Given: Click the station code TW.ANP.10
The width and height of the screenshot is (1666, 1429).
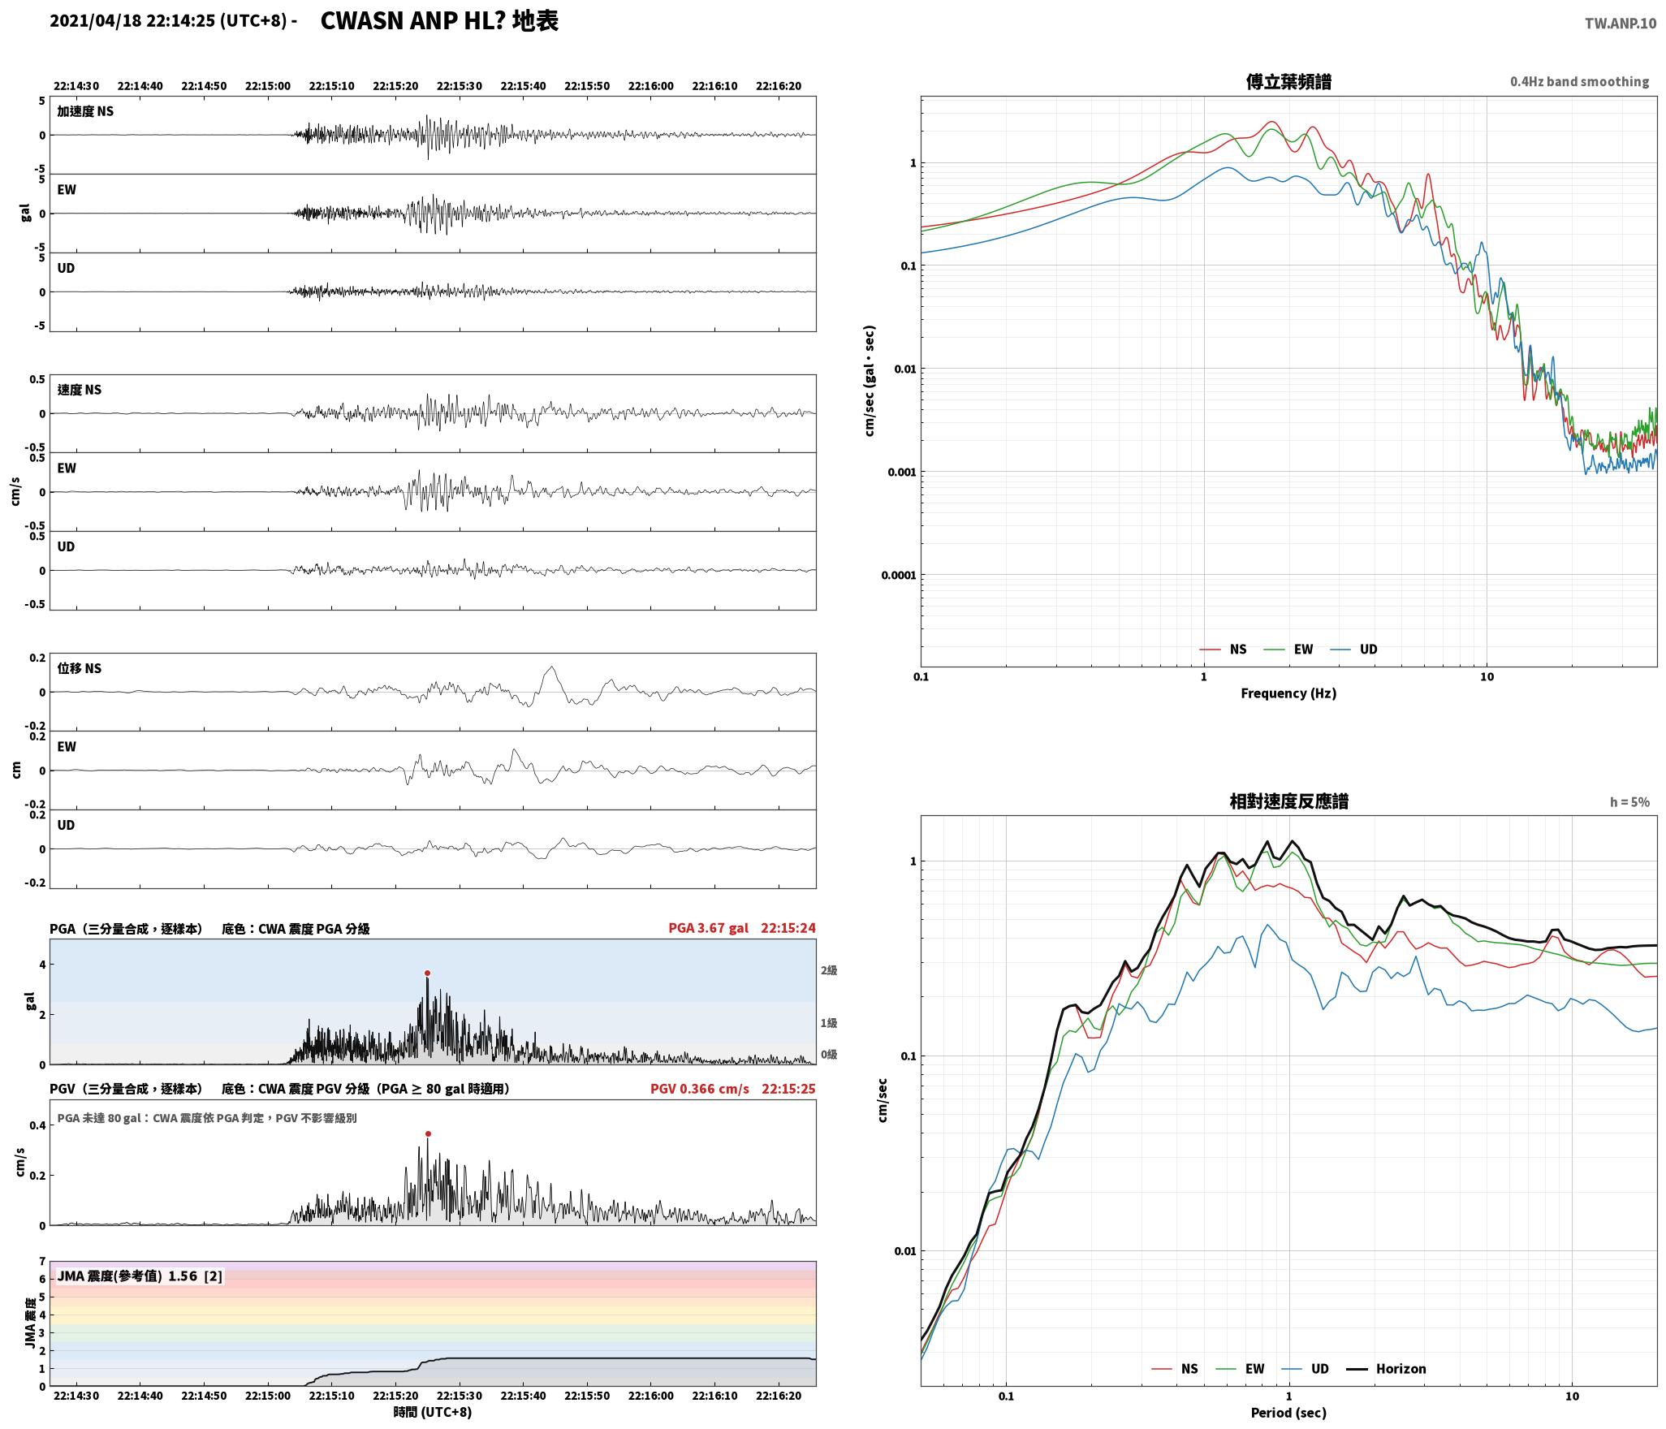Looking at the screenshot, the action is [1620, 24].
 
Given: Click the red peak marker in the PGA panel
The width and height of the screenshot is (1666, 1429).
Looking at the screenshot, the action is [427, 973].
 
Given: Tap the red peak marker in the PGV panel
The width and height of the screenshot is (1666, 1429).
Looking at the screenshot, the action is [428, 1133].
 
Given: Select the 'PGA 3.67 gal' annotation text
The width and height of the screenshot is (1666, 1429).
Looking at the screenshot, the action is [708, 928].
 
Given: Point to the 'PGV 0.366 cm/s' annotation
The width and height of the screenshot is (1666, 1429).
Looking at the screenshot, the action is [699, 1089].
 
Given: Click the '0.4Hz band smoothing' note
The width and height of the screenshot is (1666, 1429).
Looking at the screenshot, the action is [1579, 82].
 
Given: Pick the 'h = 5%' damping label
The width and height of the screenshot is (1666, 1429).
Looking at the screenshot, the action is [1629, 802].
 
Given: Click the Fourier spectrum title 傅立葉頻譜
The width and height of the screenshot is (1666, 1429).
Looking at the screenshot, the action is [1288, 81].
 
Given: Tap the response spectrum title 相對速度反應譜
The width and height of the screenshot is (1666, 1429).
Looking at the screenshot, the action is [1288, 801].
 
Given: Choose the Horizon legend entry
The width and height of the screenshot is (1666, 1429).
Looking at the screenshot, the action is [1387, 1368].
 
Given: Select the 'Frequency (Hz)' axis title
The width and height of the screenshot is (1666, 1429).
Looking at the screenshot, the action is [1288, 693].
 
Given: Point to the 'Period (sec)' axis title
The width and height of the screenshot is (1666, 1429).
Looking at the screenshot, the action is [1288, 1412].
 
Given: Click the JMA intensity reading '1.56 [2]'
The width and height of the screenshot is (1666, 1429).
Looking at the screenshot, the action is [195, 1276].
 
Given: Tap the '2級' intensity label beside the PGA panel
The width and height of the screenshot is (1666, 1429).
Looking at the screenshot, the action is [828, 970].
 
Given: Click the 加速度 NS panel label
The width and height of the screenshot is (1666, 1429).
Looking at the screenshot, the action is [85, 111].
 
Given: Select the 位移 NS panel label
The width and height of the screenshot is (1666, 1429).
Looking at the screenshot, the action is [80, 668].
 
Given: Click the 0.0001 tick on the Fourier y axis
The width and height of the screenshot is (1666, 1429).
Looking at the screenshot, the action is [898, 576].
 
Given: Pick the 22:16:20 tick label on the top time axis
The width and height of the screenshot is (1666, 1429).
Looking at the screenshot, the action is [778, 86].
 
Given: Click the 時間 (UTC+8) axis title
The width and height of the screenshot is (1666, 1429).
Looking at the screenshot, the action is [433, 1412].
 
